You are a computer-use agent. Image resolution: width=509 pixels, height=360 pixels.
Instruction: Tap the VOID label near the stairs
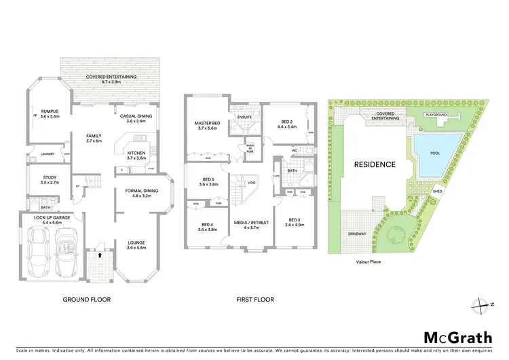250,183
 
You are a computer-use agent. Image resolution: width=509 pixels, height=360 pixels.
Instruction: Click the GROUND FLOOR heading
86,299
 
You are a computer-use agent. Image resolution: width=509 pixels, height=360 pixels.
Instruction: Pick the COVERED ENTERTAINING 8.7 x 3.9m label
111,79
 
